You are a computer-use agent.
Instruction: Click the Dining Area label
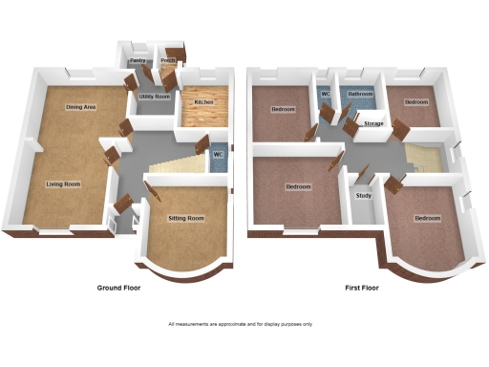(x=80, y=107)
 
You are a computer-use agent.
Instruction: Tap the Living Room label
(x=65, y=183)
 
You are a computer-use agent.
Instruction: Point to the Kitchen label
(x=203, y=102)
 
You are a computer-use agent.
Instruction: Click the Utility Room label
(x=154, y=97)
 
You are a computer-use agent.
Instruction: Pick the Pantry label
(x=137, y=60)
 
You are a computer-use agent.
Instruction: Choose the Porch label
(x=169, y=60)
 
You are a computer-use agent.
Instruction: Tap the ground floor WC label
(x=218, y=153)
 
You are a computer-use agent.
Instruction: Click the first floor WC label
(x=326, y=94)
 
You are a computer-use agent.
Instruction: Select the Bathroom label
(x=360, y=94)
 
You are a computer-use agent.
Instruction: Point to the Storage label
(x=373, y=123)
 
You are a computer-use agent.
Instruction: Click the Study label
(x=363, y=197)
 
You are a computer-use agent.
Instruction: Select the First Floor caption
(x=364, y=288)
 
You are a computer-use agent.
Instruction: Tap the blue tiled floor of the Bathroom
(x=361, y=105)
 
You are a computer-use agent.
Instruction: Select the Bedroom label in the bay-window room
(x=427, y=218)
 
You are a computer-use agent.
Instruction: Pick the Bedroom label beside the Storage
(x=416, y=101)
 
